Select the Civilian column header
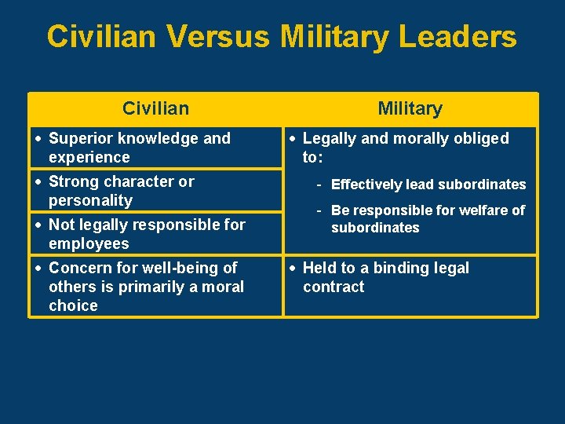click(x=155, y=108)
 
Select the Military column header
click(x=410, y=108)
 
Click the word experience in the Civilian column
click(x=89, y=157)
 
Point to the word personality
click(x=90, y=200)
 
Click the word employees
click(x=89, y=243)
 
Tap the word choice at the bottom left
click(x=73, y=305)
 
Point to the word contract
click(x=334, y=287)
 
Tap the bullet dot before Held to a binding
click(x=293, y=268)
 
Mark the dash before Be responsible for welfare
click(x=319, y=210)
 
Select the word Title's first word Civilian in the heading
click(x=105, y=37)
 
